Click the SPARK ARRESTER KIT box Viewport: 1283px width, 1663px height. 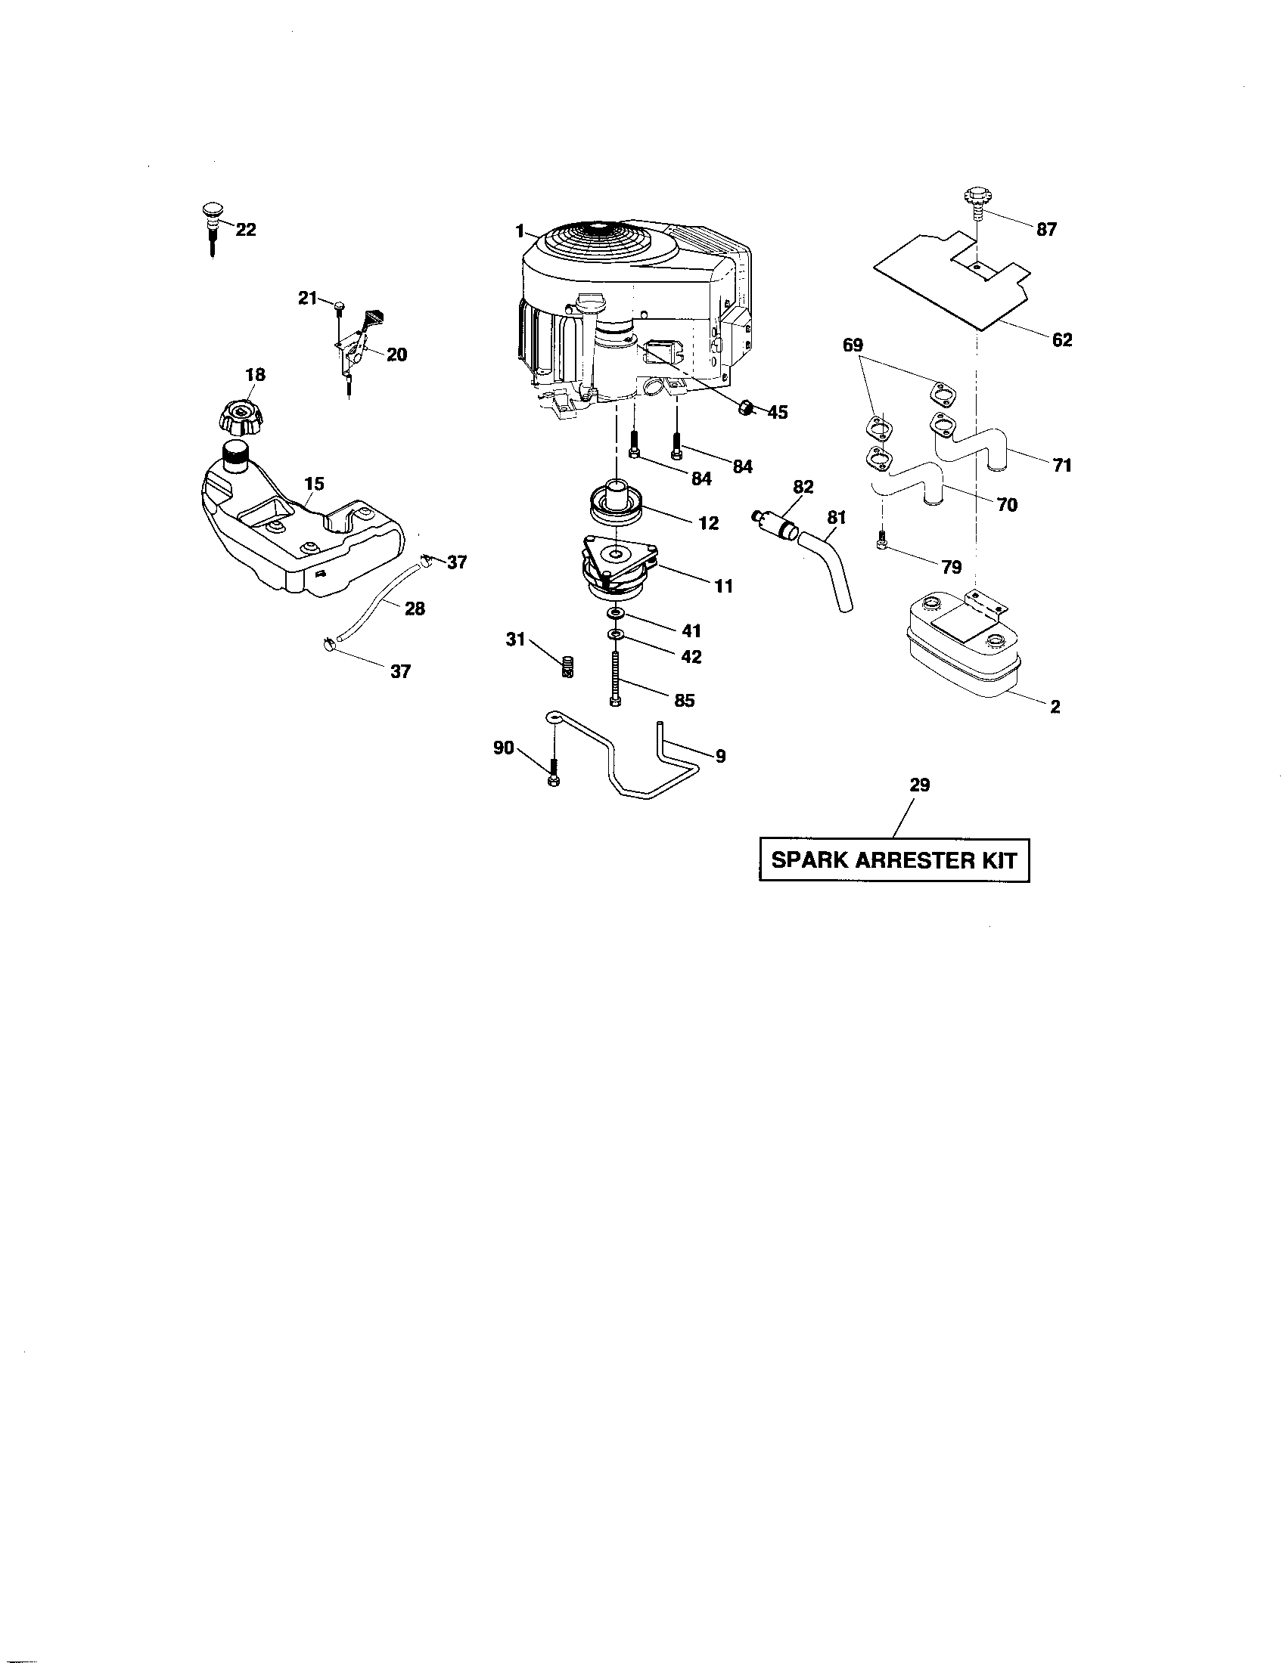pyautogui.click(x=893, y=860)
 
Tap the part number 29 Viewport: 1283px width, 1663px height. pyautogui.click(x=920, y=785)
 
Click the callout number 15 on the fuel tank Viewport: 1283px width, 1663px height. pyautogui.click(x=314, y=484)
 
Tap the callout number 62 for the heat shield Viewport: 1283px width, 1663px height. pyautogui.click(x=1061, y=340)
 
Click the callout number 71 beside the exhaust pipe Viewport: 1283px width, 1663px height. pyautogui.click(x=1062, y=465)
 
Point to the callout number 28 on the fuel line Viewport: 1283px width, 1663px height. pyautogui.click(x=415, y=609)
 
